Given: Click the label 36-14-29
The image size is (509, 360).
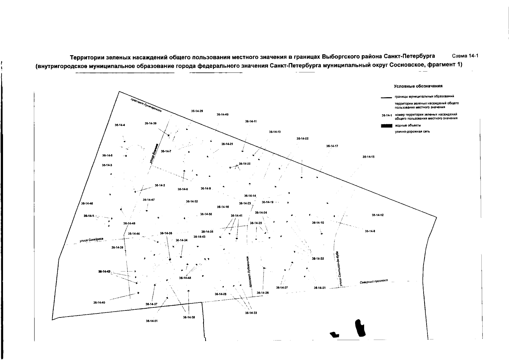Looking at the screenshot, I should [197, 111].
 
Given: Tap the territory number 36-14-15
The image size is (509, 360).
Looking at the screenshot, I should [368, 157].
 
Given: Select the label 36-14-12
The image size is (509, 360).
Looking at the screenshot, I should [378, 215].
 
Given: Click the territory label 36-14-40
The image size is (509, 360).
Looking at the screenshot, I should [99, 303].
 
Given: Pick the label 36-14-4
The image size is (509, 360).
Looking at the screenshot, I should [120, 125].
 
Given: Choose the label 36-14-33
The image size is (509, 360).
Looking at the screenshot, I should [251, 313].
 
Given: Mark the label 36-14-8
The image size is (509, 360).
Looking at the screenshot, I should [370, 231].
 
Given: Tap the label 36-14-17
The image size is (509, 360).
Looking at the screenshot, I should [332, 146].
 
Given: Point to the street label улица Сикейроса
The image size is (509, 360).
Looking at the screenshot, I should [91, 240].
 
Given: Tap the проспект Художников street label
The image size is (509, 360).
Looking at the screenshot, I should [249, 272].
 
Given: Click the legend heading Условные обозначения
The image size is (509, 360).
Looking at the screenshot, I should [418, 86].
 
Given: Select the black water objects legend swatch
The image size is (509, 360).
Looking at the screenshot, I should [386, 125].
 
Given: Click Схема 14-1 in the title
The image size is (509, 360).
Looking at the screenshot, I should [464, 56].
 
